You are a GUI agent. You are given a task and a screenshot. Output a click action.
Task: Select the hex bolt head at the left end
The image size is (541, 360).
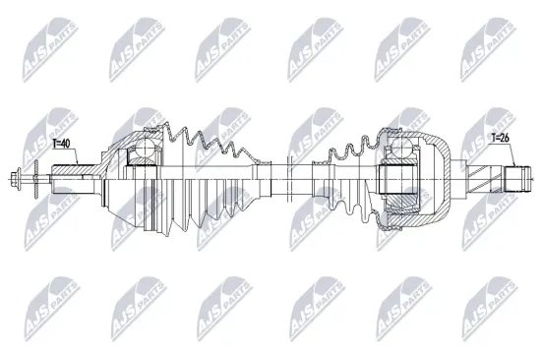(x=18, y=179)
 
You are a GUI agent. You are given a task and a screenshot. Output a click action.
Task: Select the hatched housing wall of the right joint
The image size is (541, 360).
(x=443, y=157)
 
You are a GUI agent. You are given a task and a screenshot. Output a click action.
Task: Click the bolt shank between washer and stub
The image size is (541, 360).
(x=44, y=179)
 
